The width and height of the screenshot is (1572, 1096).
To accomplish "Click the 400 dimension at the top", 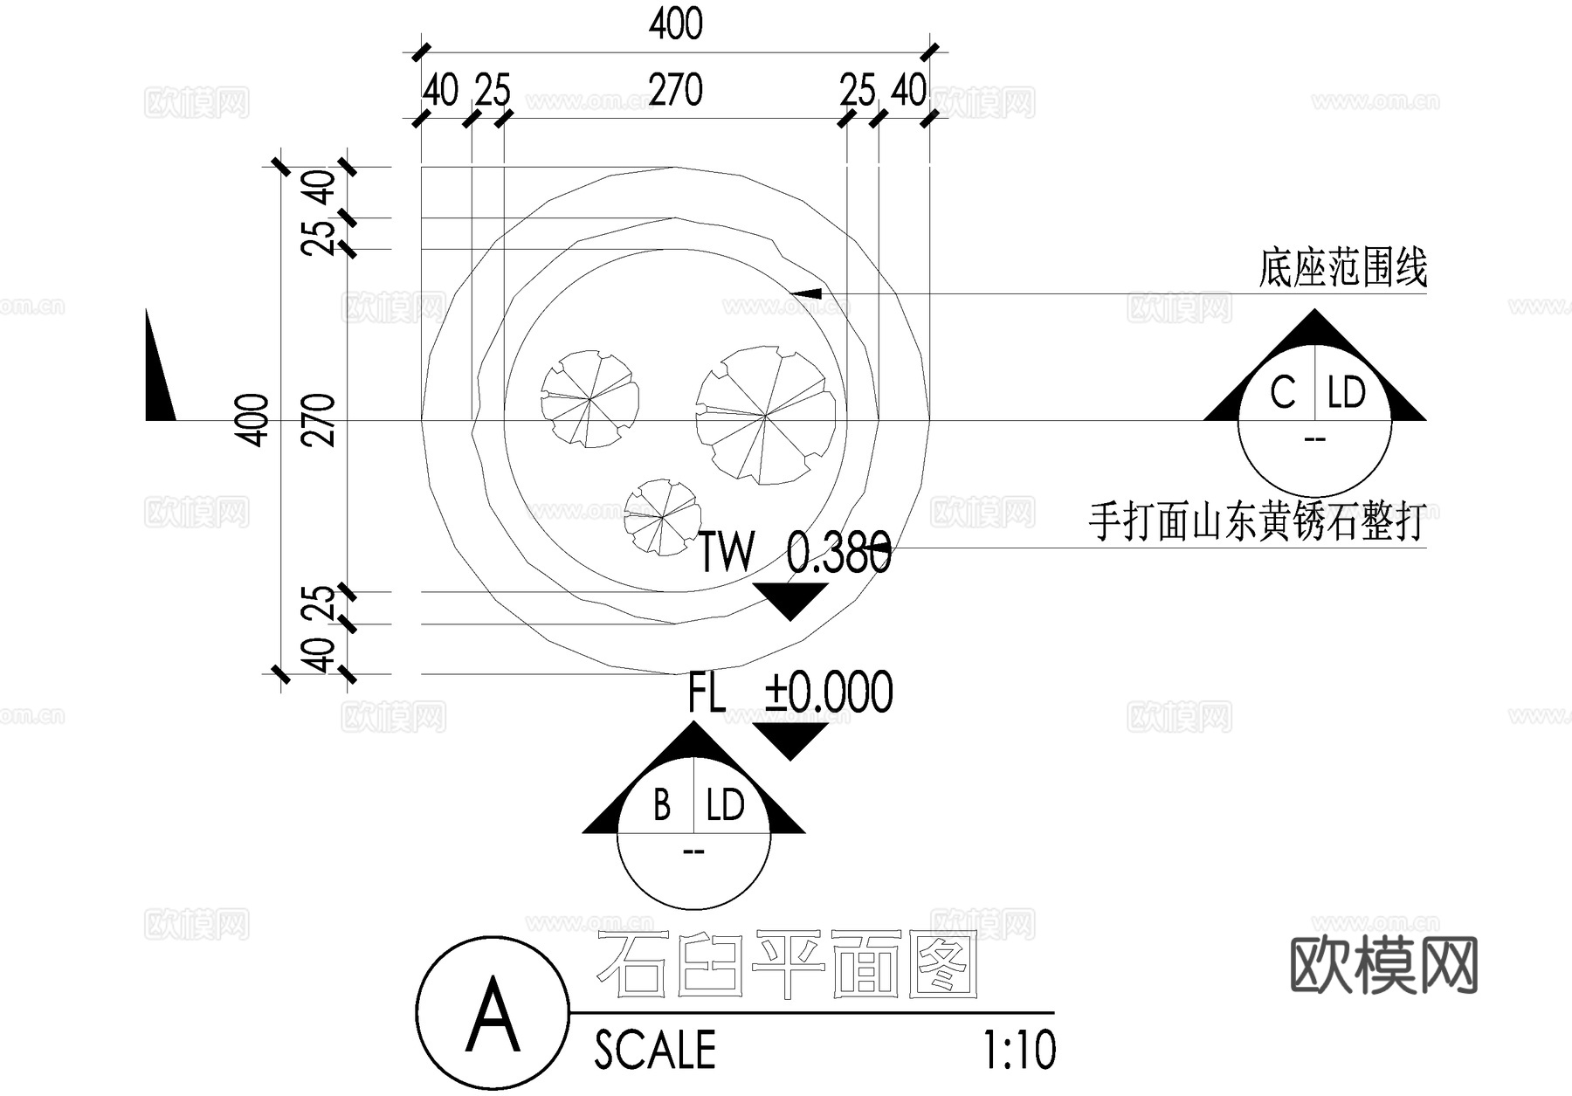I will (675, 24).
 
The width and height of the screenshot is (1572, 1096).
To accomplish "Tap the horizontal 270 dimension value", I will (675, 90).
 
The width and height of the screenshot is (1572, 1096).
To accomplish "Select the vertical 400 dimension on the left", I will (253, 420).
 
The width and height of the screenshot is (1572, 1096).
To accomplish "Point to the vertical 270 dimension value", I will (321, 420).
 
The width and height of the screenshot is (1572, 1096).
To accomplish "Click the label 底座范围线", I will (1342, 267).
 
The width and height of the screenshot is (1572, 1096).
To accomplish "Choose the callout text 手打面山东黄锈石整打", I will (1258, 521).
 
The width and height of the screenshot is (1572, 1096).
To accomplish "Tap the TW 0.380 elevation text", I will (794, 552).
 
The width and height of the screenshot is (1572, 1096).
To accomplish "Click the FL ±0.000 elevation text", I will (790, 693).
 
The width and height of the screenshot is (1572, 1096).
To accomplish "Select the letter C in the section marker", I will (1282, 393).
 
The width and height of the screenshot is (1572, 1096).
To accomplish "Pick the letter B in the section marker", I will (662, 805).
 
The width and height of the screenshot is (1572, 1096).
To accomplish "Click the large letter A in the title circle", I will (493, 1015).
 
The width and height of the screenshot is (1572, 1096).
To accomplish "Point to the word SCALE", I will (655, 1050).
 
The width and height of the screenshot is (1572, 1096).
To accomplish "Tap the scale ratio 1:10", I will (1019, 1050).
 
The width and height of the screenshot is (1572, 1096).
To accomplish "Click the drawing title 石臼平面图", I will (786, 966).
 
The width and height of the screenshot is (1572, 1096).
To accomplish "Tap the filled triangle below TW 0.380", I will (789, 600).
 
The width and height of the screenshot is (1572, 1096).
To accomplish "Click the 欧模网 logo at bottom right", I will (1383, 965).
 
